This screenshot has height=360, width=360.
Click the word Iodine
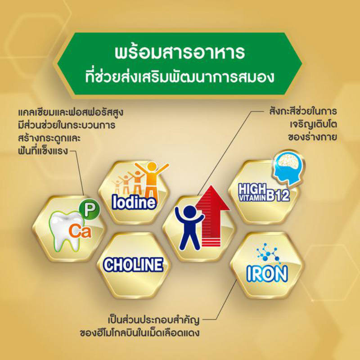tap(134, 202)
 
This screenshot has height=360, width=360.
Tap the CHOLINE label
tap(133, 265)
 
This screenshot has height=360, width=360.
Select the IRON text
tap(267, 274)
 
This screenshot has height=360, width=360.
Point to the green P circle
tap(89, 209)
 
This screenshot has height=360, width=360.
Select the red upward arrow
tap(212, 216)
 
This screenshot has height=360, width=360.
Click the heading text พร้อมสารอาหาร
tap(180, 52)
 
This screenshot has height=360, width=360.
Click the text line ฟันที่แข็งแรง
tap(43, 151)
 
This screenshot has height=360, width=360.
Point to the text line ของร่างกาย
tap(312, 137)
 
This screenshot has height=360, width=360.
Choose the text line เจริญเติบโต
tap(313, 125)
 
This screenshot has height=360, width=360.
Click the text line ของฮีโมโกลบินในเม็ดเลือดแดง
tap(139, 333)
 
